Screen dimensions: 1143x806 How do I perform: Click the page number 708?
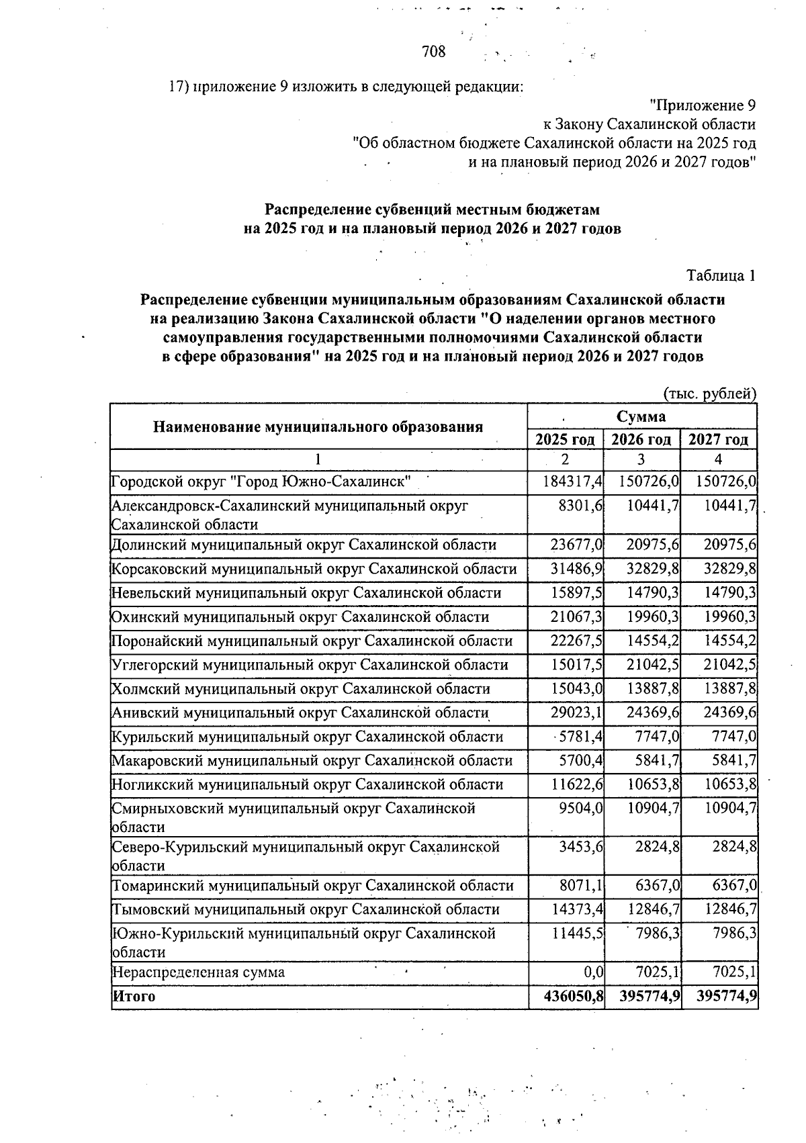tap(433, 52)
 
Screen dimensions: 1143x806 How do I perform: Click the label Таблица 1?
tap(721, 276)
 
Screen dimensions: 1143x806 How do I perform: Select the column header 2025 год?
tap(565, 440)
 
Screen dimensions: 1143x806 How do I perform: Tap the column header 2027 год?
tap(718, 440)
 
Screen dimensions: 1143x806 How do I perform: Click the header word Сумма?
tap(641, 417)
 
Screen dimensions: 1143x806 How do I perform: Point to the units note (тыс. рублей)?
tap(710, 394)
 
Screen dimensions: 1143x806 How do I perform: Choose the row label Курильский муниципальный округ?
tap(307, 737)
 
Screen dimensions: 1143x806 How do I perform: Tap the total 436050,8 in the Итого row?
tap(573, 997)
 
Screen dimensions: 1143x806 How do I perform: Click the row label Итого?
tap(133, 997)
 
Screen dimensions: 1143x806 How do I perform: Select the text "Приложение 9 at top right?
tap(703, 106)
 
